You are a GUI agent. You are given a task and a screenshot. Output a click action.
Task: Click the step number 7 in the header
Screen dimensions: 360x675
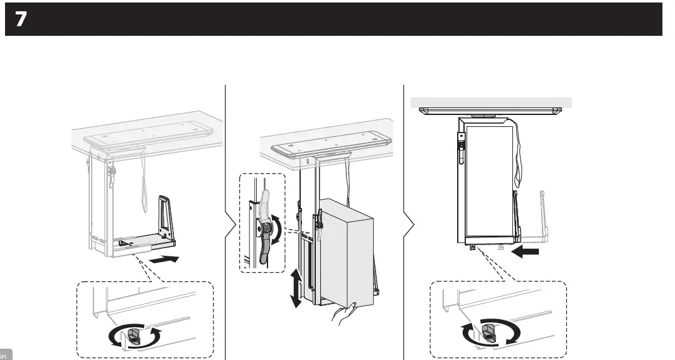[x=21, y=20]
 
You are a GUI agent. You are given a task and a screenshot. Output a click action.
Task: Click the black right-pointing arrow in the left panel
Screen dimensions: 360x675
[x=165, y=259]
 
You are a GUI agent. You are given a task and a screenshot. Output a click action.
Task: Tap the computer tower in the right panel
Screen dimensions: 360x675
[x=488, y=182]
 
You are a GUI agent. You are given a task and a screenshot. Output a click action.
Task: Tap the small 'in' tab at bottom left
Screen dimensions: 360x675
[x=6, y=355]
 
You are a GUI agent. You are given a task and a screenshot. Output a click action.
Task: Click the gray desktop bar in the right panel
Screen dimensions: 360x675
[x=490, y=102]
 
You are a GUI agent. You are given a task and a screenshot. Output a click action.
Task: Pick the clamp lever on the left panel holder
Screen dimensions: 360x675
[x=112, y=175]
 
